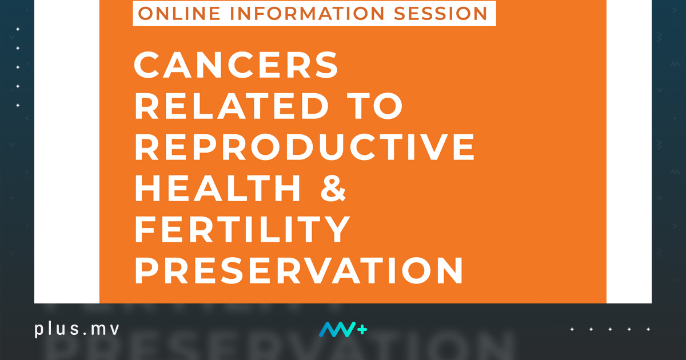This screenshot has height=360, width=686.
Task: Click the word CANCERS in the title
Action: tap(236, 65)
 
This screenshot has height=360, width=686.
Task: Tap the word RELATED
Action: tap(232, 106)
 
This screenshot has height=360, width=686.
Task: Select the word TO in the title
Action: tap(375, 106)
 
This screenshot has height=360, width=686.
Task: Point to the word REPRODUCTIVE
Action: tap(305, 147)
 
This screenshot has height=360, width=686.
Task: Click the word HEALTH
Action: tap(218, 188)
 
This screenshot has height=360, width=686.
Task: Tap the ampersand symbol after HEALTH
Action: tap(333, 188)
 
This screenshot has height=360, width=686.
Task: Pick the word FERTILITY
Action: tap(242, 229)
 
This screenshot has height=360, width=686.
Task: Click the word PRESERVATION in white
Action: tap(299, 270)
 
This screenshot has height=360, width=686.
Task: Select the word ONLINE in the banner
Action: tap(179, 14)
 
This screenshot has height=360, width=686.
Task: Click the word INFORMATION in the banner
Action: tap(307, 14)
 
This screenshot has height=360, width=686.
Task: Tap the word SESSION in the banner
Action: tap(440, 14)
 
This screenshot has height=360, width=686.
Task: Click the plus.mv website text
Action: tap(77, 329)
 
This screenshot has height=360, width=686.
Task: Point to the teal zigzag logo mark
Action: tap(337, 329)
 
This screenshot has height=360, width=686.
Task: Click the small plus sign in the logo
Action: tap(362, 330)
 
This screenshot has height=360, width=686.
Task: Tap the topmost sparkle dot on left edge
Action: tap(18, 29)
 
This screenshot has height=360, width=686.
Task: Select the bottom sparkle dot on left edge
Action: tap(18, 105)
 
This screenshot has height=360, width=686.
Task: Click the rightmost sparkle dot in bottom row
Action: tap(648, 329)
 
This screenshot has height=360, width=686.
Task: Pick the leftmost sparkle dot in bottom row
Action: tap(572, 329)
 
